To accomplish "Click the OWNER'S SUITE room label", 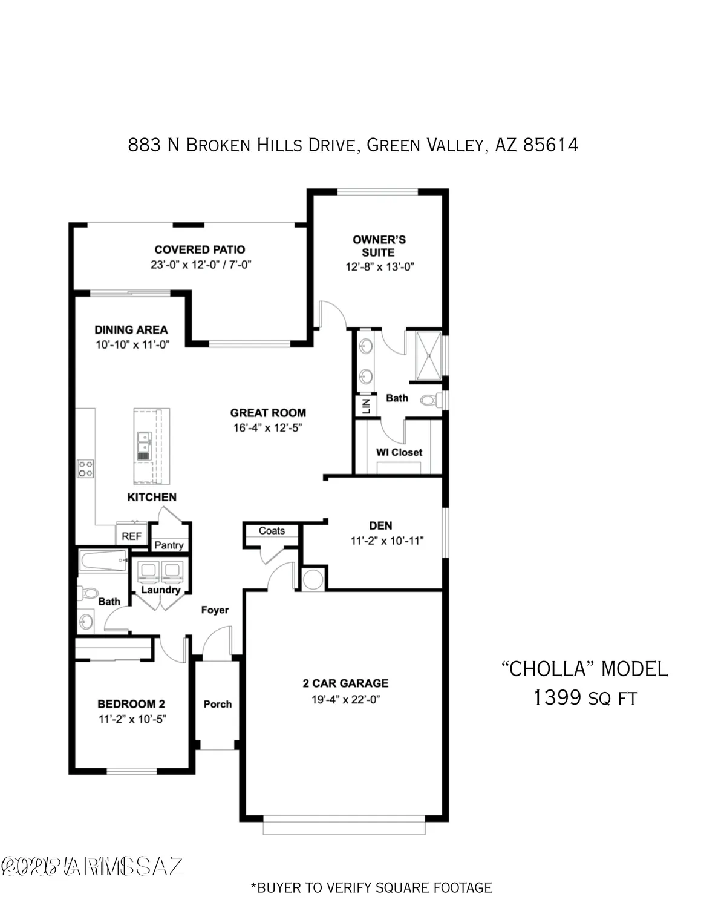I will pyautogui.click(x=379, y=246).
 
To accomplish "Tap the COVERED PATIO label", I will pyautogui.click(x=200, y=249).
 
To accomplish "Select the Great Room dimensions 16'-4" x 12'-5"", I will pyautogui.click(x=267, y=428).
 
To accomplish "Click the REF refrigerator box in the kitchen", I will pyautogui.click(x=131, y=536).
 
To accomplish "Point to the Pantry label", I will pyautogui.click(x=169, y=545).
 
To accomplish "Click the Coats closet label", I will pyautogui.click(x=272, y=531).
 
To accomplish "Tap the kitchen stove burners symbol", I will pyautogui.click(x=85, y=469).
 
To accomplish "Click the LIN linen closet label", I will pyautogui.click(x=365, y=406).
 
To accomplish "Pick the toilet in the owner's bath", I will pyautogui.click(x=429, y=400).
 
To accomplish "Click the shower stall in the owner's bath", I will pyautogui.click(x=429, y=356).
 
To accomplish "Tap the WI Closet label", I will pyautogui.click(x=399, y=452).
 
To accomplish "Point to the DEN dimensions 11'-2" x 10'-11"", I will pyautogui.click(x=387, y=541).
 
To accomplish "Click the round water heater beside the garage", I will pyautogui.click(x=313, y=579).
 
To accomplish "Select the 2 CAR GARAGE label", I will pyautogui.click(x=345, y=683).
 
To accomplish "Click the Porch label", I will pyautogui.click(x=218, y=704).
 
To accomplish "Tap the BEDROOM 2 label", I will pyautogui.click(x=131, y=704).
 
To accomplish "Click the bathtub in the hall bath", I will pyautogui.click(x=103, y=561).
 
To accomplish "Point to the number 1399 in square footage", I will pyautogui.click(x=557, y=698).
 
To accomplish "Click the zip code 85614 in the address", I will pyautogui.click(x=550, y=145).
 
